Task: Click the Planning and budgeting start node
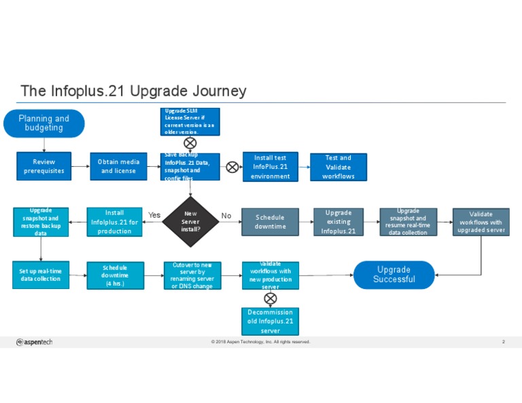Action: pos(43,123)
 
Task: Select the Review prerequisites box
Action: pos(43,166)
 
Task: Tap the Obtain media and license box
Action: pos(118,166)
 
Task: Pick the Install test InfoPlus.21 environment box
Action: pos(271,167)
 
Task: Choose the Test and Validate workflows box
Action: pos(338,167)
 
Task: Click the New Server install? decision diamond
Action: pos(190,220)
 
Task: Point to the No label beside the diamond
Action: pos(226,216)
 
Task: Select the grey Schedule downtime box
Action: pos(270,222)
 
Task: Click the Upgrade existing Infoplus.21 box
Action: pos(338,222)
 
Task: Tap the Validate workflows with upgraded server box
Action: pos(481,222)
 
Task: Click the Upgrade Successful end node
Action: pos(394,275)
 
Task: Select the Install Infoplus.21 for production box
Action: pos(114,222)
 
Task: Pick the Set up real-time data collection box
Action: pos(40,275)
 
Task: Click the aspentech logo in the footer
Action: pos(34,342)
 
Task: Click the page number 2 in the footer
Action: pos(503,342)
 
